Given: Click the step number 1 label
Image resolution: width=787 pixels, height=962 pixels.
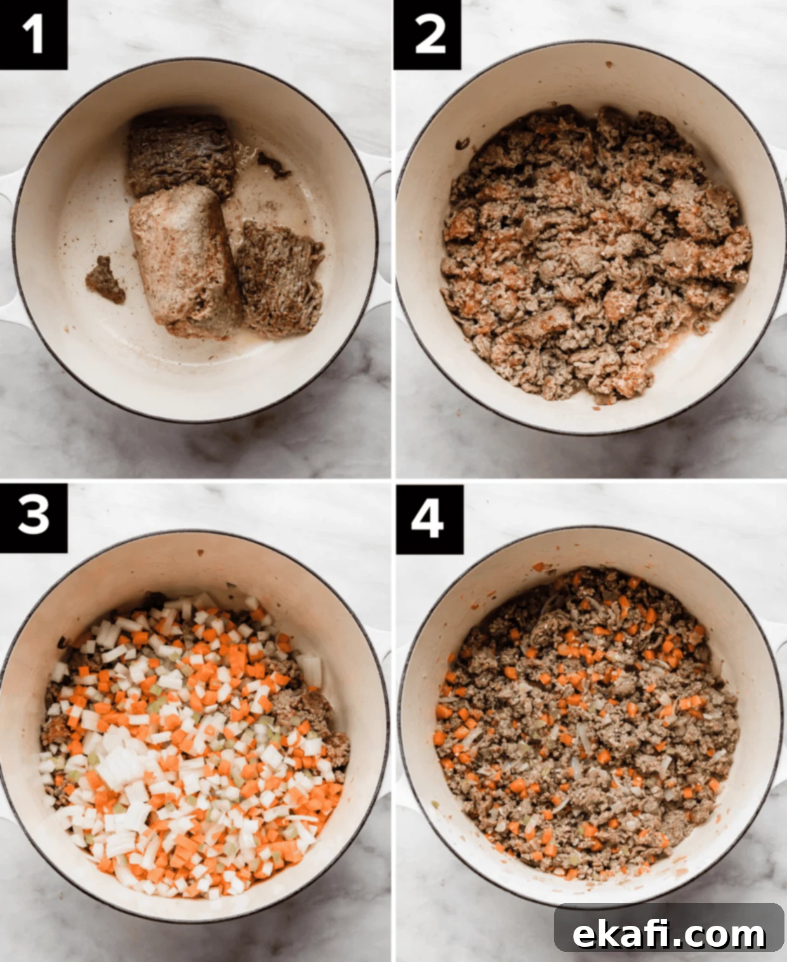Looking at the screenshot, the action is [33, 35].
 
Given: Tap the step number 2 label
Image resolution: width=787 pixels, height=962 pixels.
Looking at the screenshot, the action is [428, 35].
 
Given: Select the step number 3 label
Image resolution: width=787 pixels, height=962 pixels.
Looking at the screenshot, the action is [33, 518].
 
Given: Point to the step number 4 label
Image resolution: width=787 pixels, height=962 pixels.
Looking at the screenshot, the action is [429, 519].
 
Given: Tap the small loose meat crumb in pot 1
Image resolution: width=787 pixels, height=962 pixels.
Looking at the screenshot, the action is [105, 280].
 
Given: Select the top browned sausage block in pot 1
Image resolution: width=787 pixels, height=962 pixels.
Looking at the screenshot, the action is [181, 155].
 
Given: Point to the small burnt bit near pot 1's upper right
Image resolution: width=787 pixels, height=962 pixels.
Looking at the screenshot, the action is [274, 165].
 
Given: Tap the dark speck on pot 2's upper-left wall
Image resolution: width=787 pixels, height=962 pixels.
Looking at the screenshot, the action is [462, 143].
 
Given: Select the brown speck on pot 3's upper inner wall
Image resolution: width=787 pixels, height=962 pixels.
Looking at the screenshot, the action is [200, 553].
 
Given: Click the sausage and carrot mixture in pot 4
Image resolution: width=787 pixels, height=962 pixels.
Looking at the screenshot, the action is [588, 725].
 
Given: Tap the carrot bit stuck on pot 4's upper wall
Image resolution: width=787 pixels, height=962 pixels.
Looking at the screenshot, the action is [539, 567].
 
